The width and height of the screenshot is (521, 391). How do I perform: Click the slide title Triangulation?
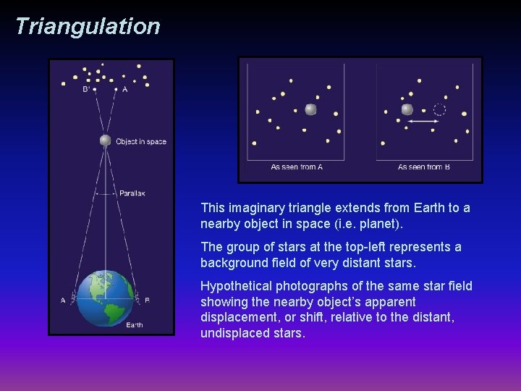88,27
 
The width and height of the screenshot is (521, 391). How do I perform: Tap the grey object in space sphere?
105,140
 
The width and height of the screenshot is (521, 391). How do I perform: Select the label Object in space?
141,141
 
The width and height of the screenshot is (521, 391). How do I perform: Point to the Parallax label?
132,193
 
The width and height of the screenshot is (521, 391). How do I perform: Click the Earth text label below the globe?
135,325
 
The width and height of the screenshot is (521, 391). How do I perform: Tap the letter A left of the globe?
64,300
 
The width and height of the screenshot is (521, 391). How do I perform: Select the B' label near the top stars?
86,90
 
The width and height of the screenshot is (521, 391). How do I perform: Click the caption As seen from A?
297,167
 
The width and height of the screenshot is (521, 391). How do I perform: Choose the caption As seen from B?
424,167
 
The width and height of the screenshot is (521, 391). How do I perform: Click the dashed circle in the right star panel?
439,110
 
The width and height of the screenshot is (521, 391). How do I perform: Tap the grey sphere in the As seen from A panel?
310,109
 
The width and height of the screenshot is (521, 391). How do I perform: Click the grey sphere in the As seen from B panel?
407,109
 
